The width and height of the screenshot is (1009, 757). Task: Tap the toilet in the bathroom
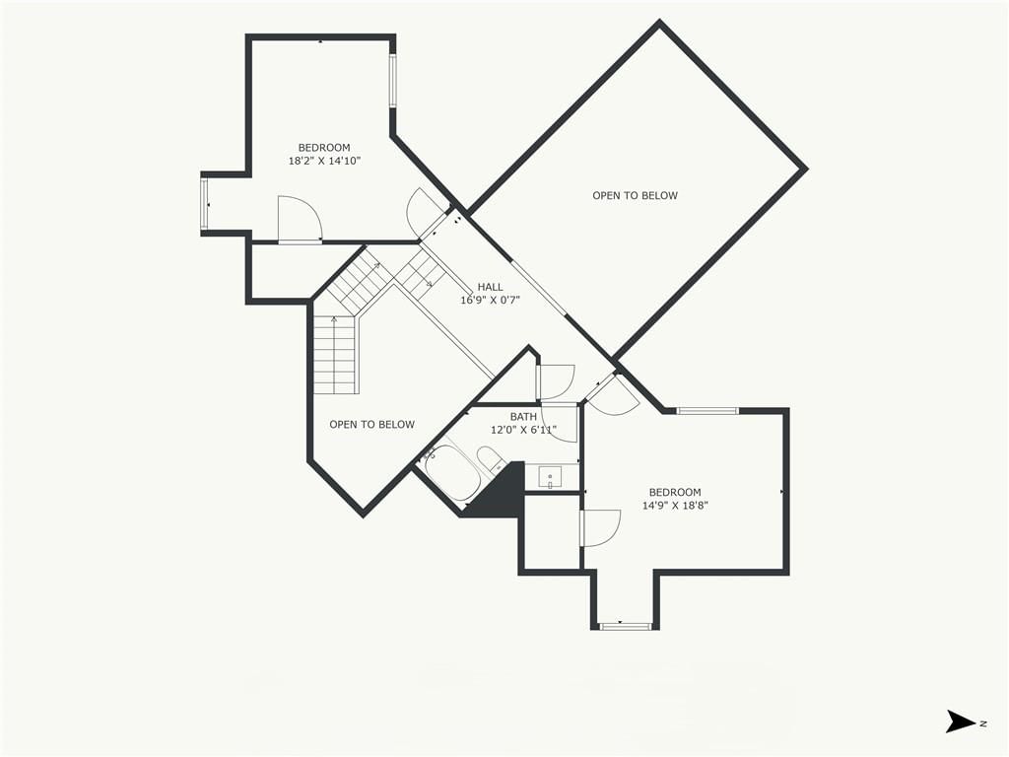[x=492, y=461]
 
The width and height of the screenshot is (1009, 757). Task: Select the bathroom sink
[x=550, y=477]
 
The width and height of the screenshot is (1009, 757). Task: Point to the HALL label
[x=491, y=287]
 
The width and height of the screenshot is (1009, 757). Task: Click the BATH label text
[x=523, y=417]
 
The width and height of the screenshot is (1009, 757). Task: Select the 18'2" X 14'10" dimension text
[x=324, y=161]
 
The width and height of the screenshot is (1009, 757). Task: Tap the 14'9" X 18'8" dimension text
[x=675, y=506]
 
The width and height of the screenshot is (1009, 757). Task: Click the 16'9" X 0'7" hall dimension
[x=491, y=300]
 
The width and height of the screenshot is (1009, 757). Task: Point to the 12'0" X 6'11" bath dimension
[x=523, y=430]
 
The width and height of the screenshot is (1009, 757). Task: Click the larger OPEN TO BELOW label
[x=636, y=196]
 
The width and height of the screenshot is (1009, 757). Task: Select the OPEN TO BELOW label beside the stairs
[x=371, y=424]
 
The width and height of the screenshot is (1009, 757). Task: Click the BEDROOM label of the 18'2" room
[x=324, y=148]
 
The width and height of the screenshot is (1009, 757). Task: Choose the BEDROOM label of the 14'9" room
[x=675, y=493]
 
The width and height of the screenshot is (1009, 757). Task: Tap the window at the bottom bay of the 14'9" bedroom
[x=625, y=625]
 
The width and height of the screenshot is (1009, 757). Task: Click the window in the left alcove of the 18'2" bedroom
[x=204, y=204]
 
